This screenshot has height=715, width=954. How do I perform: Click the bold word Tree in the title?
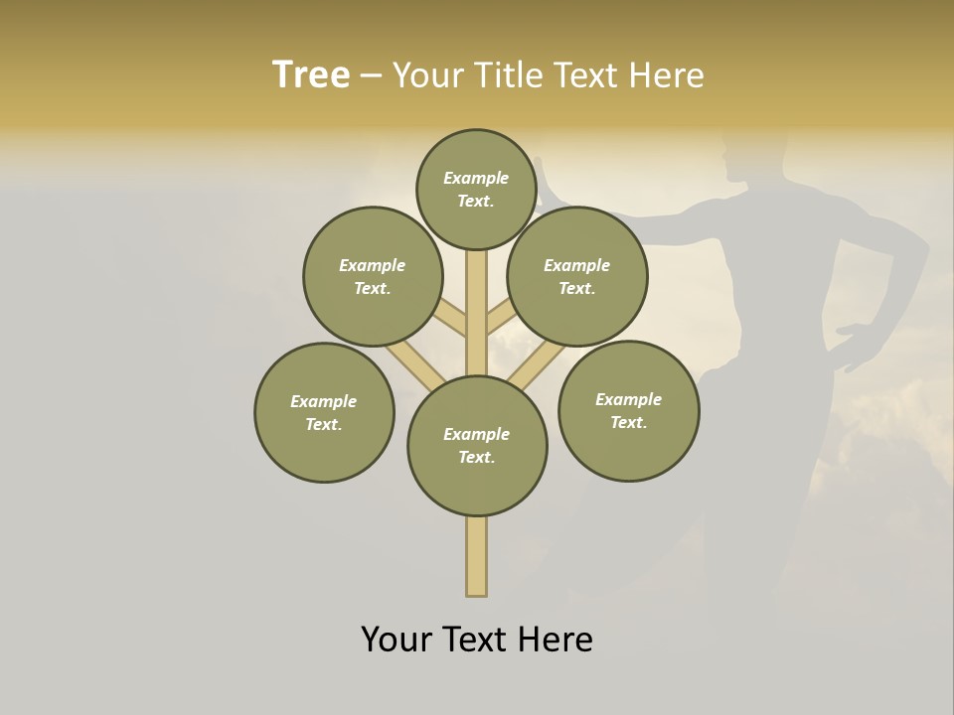tap(311, 74)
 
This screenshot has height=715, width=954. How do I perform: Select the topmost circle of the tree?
tap(476, 189)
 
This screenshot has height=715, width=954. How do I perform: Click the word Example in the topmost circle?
tap(476, 178)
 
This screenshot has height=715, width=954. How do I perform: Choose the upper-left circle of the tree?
tap(373, 276)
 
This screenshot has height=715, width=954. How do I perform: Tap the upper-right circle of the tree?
tap(577, 276)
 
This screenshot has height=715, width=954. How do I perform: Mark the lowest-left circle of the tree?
tap(324, 412)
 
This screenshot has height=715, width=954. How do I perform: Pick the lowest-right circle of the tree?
tap(628, 410)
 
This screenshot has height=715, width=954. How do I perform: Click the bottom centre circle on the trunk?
tap(477, 446)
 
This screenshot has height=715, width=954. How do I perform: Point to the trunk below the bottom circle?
tap(477, 556)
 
